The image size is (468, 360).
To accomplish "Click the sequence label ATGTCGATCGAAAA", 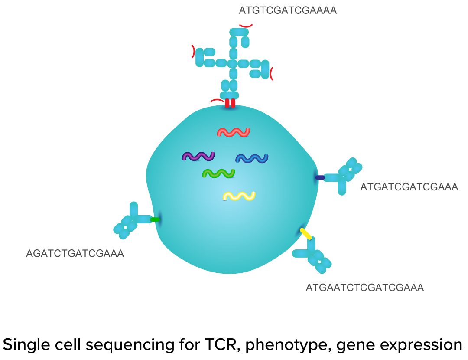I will (288, 10).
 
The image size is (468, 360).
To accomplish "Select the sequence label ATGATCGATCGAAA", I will (409, 187).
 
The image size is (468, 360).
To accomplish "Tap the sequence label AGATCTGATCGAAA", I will (75, 253).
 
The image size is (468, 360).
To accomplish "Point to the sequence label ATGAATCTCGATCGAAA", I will (364, 288).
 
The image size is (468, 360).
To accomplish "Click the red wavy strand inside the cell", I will (234, 132).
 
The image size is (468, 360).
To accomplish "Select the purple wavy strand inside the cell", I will (198, 156).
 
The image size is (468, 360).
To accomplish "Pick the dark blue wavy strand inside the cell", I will (252, 158).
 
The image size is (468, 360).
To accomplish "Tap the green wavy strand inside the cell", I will (218, 173).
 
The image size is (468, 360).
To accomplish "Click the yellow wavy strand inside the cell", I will (239, 196).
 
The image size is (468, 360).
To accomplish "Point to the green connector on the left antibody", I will (155, 220).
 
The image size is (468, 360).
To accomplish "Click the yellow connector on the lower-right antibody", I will (306, 234).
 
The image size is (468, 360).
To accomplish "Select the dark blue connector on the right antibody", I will (320, 177).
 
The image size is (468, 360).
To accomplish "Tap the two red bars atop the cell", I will (230, 104).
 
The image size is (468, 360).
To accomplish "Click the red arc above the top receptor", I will (246, 26).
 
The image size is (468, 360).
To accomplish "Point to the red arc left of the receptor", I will (193, 52).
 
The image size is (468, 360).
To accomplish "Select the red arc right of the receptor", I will (272, 74).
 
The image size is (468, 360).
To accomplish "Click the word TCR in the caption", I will (218, 345).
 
